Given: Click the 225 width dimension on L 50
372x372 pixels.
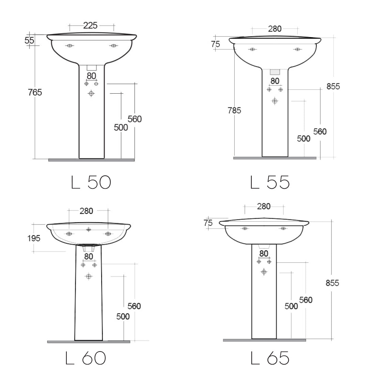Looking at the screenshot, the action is (x=90, y=26).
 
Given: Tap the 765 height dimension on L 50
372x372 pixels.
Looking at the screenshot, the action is (x=35, y=92).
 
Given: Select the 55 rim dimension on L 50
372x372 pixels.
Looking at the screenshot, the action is (x=29, y=40).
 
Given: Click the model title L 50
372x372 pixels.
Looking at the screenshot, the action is (x=91, y=182).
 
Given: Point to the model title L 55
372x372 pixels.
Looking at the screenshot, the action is (x=270, y=182).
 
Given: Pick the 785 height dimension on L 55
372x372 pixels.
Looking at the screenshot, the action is (x=234, y=110).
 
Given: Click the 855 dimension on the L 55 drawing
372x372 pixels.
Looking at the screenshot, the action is (x=333, y=87).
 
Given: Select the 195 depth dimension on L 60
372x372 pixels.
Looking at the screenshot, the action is (x=34, y=238).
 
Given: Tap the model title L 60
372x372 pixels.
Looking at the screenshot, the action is (x=86, y=358).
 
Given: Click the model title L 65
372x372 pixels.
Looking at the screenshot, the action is (x=270, y=358).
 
